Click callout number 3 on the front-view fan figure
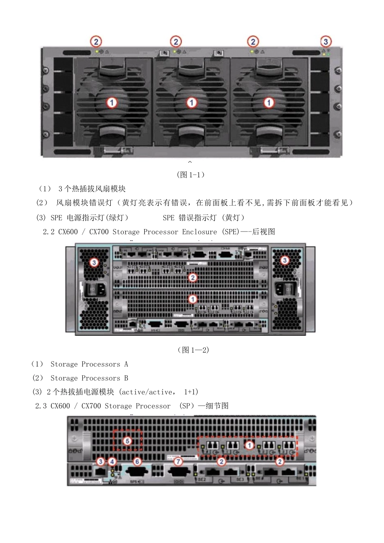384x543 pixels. point(326,42)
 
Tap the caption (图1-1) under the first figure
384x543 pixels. point(191,175)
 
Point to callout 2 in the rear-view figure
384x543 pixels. point(193,278)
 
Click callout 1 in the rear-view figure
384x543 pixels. point(193,299)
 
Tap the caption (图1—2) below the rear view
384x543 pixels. point(193,350)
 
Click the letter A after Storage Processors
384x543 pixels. point(126,364)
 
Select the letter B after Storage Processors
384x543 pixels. point(126,378)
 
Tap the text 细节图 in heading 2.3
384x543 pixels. point(217,406)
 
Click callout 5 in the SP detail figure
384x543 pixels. point(127,441)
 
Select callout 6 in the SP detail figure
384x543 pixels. point(137,461)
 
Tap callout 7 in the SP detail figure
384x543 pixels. point(178,461)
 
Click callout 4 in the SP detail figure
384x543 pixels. point(112,461)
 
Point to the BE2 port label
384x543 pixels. point(202,480)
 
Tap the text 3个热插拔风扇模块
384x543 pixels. point(92,189)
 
